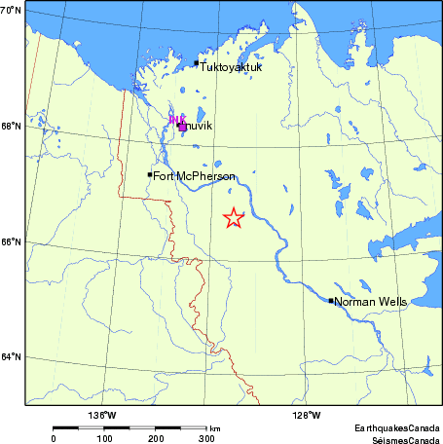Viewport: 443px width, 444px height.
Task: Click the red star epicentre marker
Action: tap(233, 218)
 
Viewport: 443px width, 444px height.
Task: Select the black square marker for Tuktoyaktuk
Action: tap(197, 63)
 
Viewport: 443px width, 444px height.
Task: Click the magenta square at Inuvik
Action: tap(182, 126)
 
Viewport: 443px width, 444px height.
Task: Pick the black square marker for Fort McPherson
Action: tap(150, 175)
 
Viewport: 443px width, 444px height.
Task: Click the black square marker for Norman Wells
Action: tap(331, 301)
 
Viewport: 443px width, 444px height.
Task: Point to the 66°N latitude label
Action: tap(12, 241)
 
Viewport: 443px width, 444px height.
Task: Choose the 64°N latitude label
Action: tap(12, 356)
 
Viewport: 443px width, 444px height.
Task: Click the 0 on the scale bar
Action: tap(54, 439)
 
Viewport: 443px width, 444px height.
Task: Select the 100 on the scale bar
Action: tap(105, 439)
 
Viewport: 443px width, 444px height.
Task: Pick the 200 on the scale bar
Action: tap(156, 439)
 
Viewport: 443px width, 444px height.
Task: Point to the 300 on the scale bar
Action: tap(206, 439)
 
